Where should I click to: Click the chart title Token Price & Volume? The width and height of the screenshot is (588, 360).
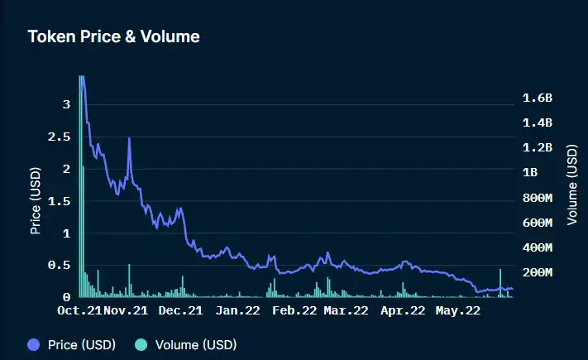point(114,36)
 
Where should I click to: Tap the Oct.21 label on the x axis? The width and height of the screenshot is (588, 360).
point(79,311)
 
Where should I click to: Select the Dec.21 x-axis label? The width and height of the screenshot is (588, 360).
point(180,311)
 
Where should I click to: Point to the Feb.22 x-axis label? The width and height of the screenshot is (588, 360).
point(294,311)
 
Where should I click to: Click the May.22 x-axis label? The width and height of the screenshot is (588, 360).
point(458,311)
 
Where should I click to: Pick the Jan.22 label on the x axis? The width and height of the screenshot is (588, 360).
point(237,311)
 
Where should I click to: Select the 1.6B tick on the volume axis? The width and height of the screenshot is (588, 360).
point(538,98)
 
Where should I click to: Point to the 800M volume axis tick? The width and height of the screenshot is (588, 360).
point(538,198)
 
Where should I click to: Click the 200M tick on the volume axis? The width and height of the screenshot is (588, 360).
point(538,272)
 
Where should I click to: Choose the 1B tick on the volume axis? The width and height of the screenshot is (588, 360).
point(531,173)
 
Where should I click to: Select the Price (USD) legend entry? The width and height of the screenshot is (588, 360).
point(72,343)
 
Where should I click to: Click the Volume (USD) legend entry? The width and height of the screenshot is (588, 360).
point(186,343)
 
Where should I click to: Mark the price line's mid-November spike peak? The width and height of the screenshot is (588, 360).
point(130,139)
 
